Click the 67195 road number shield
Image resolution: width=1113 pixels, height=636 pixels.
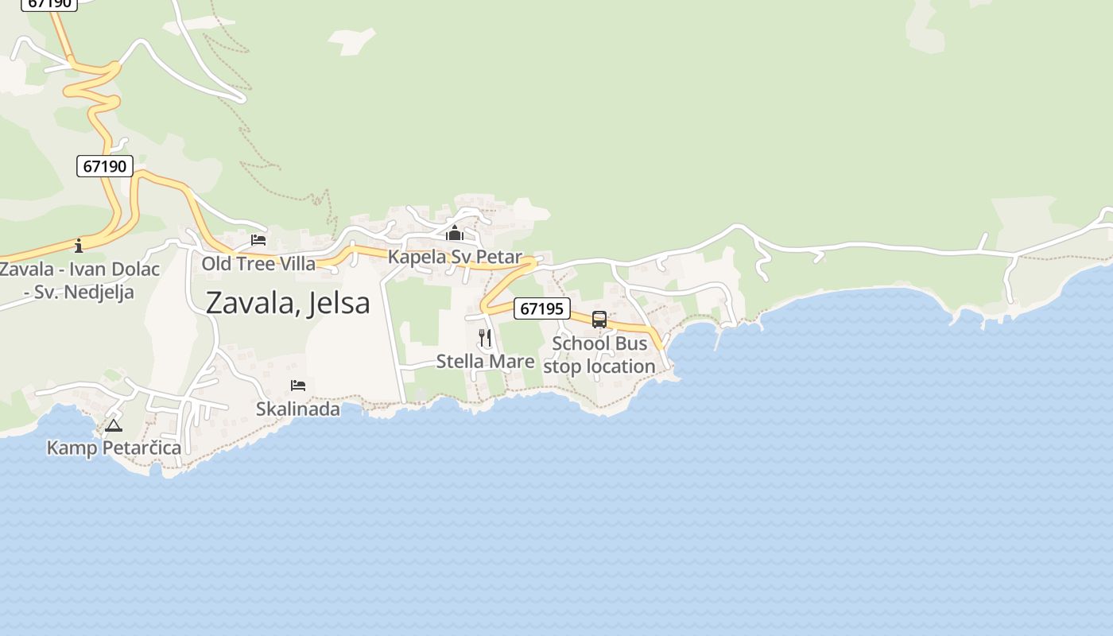(x=542, y=308)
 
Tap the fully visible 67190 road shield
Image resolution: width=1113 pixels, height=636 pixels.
(x=105, y=166)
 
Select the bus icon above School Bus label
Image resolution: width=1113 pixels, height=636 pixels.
(x=599, y=320)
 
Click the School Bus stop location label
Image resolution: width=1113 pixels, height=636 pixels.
(x=599, y=355)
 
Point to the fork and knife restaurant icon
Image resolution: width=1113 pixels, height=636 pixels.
(x=485, y=338)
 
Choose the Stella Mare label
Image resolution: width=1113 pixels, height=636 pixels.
(x=485, y=362)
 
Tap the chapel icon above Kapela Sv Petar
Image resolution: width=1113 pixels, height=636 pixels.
(x=455, y=234)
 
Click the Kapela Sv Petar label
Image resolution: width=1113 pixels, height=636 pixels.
(x=455, y=257)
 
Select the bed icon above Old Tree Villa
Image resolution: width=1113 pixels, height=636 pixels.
(x=258, y=240)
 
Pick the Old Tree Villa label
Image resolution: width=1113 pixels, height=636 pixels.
(x=258, y=263)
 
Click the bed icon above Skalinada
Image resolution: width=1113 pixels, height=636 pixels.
(x=298, y=386)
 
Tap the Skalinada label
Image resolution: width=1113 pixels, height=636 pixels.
(x=298, y=409)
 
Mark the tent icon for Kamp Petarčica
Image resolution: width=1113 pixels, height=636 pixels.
(x=114, y=425)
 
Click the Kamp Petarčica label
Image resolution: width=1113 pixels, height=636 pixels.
(x=114, y=448)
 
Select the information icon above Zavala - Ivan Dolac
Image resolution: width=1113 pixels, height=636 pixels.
(x=79, y=245)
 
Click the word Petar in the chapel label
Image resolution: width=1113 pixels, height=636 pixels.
(x=499, y=257)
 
